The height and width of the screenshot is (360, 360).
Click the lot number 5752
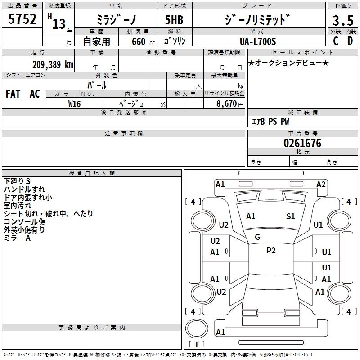[x=22, y=19]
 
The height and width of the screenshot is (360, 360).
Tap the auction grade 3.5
[x=343, y=21]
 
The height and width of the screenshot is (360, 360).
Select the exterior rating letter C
[x=336, y=41]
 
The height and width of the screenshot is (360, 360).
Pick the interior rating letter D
[x=350, y=41]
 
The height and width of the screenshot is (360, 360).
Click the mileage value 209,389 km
[x=53, y=65]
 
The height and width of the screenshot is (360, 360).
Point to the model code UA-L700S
[x=258, y=41]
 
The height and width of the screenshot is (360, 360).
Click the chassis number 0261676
[x=302, y=143]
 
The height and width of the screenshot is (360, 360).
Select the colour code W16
[x=74, y=104]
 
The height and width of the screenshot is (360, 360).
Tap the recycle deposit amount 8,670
[x=226, y=103]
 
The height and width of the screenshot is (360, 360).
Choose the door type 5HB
[x=174, y=20]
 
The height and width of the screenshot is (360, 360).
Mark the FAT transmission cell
[x=13, y=94]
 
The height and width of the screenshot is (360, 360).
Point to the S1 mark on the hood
[x=290, y=216]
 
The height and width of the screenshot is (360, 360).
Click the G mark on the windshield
[x=257, y=237]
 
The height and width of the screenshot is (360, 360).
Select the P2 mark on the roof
[x=271, y=251]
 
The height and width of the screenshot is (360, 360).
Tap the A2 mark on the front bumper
[x=321, y=184]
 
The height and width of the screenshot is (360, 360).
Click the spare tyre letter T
[x=197, y=344]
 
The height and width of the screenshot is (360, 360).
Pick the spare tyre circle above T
[x=197, y=328]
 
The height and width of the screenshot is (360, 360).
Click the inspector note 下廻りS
[x=17, y=181]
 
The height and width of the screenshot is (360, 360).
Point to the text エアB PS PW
[x=270, y=121]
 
